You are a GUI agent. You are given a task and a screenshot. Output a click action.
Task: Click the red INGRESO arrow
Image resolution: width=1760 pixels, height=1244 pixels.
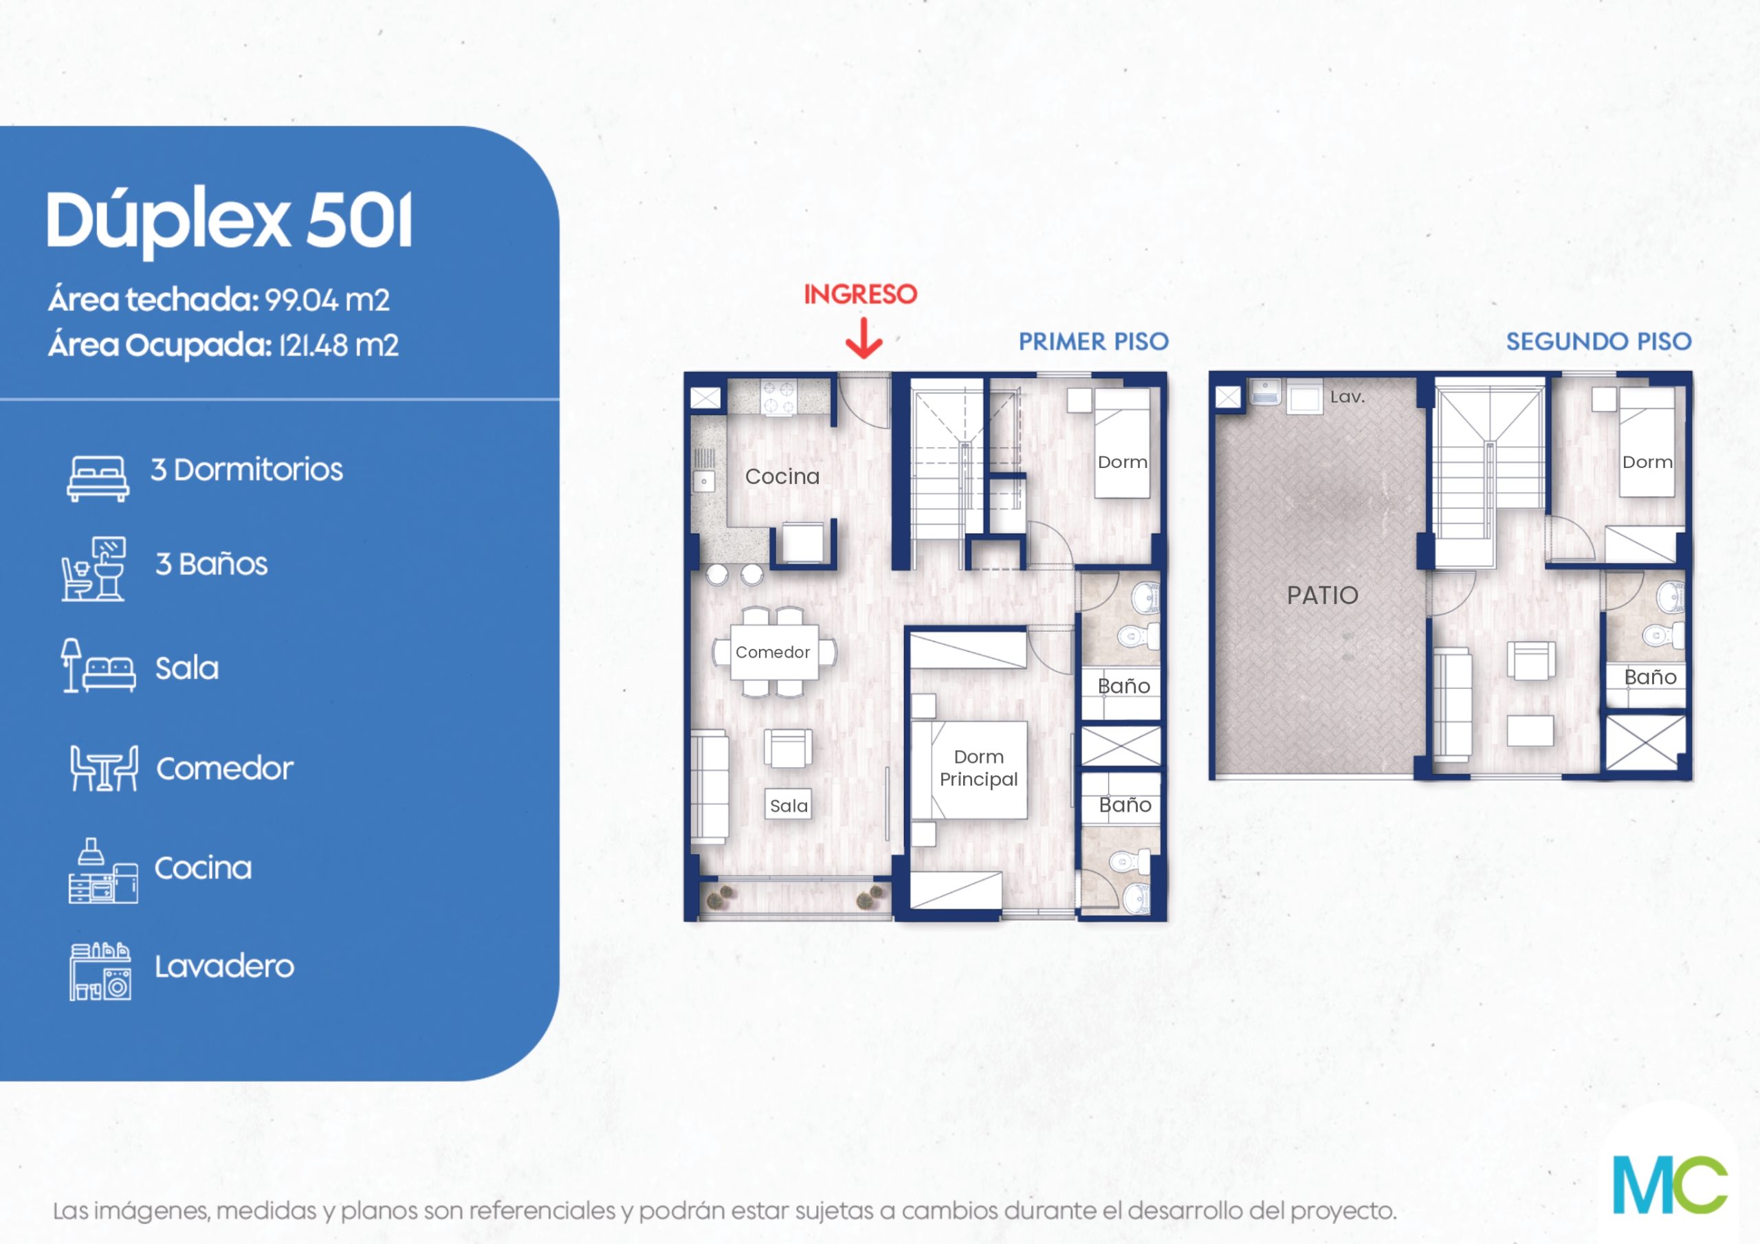coord(864,339)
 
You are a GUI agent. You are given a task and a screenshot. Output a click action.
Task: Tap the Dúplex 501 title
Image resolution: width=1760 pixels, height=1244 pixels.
coord(230,221)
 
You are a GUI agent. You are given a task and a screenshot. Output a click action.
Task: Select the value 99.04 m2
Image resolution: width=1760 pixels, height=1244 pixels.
coord(327,300)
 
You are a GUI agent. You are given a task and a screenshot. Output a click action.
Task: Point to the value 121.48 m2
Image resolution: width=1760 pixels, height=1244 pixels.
coord(338,346)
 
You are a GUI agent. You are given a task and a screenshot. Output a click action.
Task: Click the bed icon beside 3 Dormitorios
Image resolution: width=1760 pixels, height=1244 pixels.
coord(98,478)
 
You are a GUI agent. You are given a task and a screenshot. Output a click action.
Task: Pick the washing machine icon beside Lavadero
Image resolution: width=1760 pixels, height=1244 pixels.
coord(100,971)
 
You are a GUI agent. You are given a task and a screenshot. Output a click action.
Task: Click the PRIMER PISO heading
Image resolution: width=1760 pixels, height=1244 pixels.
coord(1093,342)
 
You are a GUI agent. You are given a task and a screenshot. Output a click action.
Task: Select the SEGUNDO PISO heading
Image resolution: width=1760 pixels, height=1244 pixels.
coord(1598,342)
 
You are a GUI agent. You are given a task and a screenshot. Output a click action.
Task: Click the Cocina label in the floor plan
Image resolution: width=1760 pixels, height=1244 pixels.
coord(782,477)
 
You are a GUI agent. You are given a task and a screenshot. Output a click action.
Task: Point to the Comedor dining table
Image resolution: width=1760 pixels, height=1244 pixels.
coord(773,652)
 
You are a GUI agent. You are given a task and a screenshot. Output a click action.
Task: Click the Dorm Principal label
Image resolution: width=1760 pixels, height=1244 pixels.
coord(979,768)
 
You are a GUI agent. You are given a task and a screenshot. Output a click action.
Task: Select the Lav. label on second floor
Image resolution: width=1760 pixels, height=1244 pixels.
coord(1347,397)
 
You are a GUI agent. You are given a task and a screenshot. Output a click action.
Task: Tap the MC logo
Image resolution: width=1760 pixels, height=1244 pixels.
coord(1669,1185)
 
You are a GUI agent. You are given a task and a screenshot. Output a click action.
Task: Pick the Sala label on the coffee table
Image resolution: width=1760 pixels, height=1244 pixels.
coord(789,806)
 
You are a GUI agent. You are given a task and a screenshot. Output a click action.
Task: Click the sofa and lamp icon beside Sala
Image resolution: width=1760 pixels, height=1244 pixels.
coord(98,666)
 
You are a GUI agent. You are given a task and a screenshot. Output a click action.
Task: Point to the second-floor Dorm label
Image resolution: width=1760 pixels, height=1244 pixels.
coord(1647,462)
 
